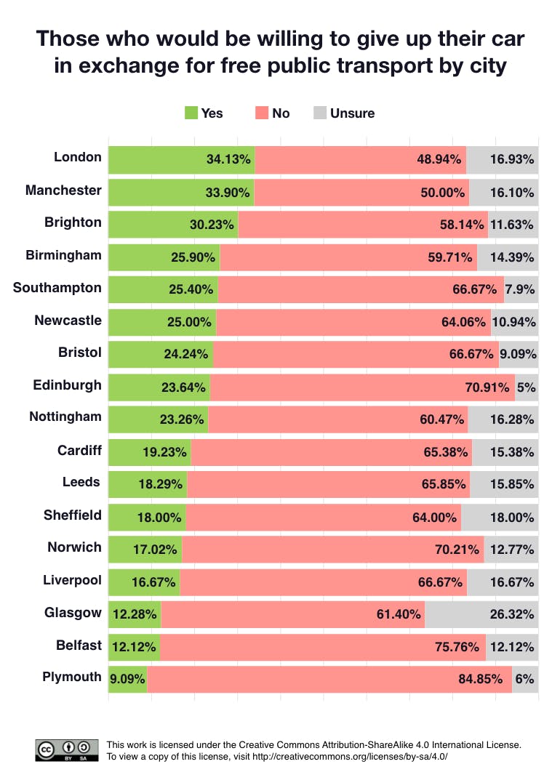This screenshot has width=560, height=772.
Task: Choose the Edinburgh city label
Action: (x=67, y=385)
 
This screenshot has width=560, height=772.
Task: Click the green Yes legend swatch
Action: (x=191, y=113)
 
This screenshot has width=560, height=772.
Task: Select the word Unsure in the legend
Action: (x=353, y=113)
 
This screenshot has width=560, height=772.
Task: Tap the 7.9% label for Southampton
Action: (x=521, y=289)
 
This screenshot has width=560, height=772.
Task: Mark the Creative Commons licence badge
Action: (x=67, y=749)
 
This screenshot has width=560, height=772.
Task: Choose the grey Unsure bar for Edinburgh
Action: (x=527, y=387)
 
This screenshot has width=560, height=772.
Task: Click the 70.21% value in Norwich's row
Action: (x=457, y=550)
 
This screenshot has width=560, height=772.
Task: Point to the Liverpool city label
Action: (x=71, y=579)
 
